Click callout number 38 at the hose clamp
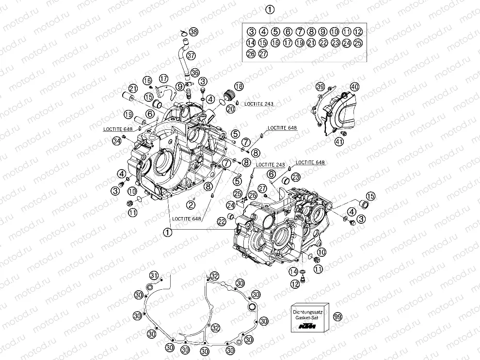[193, 31]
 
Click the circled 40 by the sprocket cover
[355, 87]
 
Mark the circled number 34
[116, 141]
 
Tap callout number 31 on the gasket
[154, 276]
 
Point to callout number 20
[231, 109]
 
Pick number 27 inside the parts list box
[263, 54]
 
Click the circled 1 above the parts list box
[270, 9]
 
